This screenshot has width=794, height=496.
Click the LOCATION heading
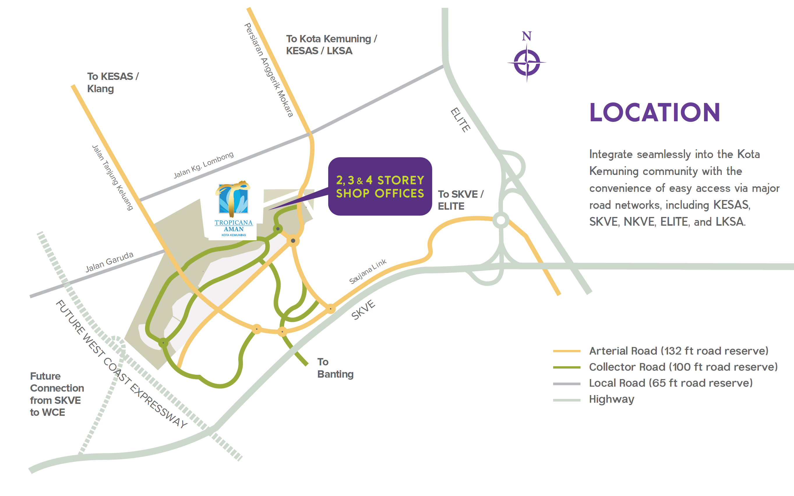click(654, 112)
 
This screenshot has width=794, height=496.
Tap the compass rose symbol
click(527, 62)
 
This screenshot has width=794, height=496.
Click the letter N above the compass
click(527, 36)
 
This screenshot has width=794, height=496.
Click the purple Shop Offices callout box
click(380, 186)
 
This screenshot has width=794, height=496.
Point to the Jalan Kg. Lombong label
click(204, 165)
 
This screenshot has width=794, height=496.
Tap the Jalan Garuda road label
click(110, 262)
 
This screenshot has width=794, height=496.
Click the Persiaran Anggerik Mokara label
click(269, 70)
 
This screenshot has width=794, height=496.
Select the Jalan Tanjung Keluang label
click(113, 178)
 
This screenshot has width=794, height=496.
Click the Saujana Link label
click(368, 271)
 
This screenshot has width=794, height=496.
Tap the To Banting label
click(335, 368)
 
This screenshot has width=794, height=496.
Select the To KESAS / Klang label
click(113, 82)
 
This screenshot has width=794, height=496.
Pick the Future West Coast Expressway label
click(121, 364)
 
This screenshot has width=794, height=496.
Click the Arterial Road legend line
click(567, 351)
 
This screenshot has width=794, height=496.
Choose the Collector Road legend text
click(683, 367)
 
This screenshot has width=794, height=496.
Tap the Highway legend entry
click(593, 399)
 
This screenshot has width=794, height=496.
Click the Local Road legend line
click(567, 383)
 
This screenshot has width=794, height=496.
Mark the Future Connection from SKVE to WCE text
click(57, 394)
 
